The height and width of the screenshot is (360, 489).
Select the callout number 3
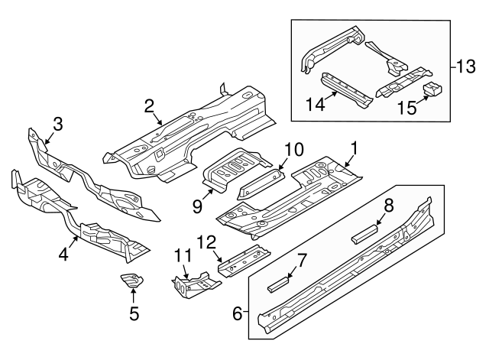point(57,123)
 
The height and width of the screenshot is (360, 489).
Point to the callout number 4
point(64,253)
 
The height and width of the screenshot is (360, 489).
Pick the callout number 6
point(237,313)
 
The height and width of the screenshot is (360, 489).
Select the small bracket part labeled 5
point(131,281)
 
